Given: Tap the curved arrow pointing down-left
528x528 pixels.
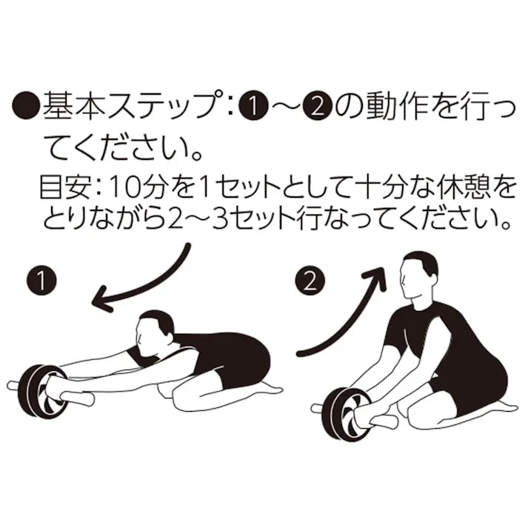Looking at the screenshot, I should [x=141, y=285].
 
